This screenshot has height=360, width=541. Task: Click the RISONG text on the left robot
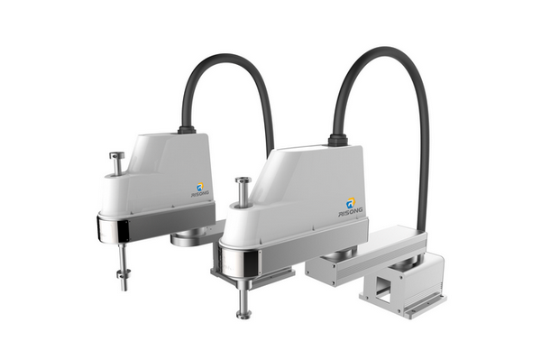pos(200,194)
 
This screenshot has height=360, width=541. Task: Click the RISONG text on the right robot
pos(350,212)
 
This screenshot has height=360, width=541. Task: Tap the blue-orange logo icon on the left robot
pos(200,188)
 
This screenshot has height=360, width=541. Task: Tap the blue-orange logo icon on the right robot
pos(352,202)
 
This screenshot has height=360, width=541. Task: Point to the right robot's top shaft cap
pos(243,180)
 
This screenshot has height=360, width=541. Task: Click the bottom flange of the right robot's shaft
pos(243,314)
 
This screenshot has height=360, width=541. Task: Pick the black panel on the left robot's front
pos(124,231)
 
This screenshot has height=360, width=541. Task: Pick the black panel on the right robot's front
pos(256,263)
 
